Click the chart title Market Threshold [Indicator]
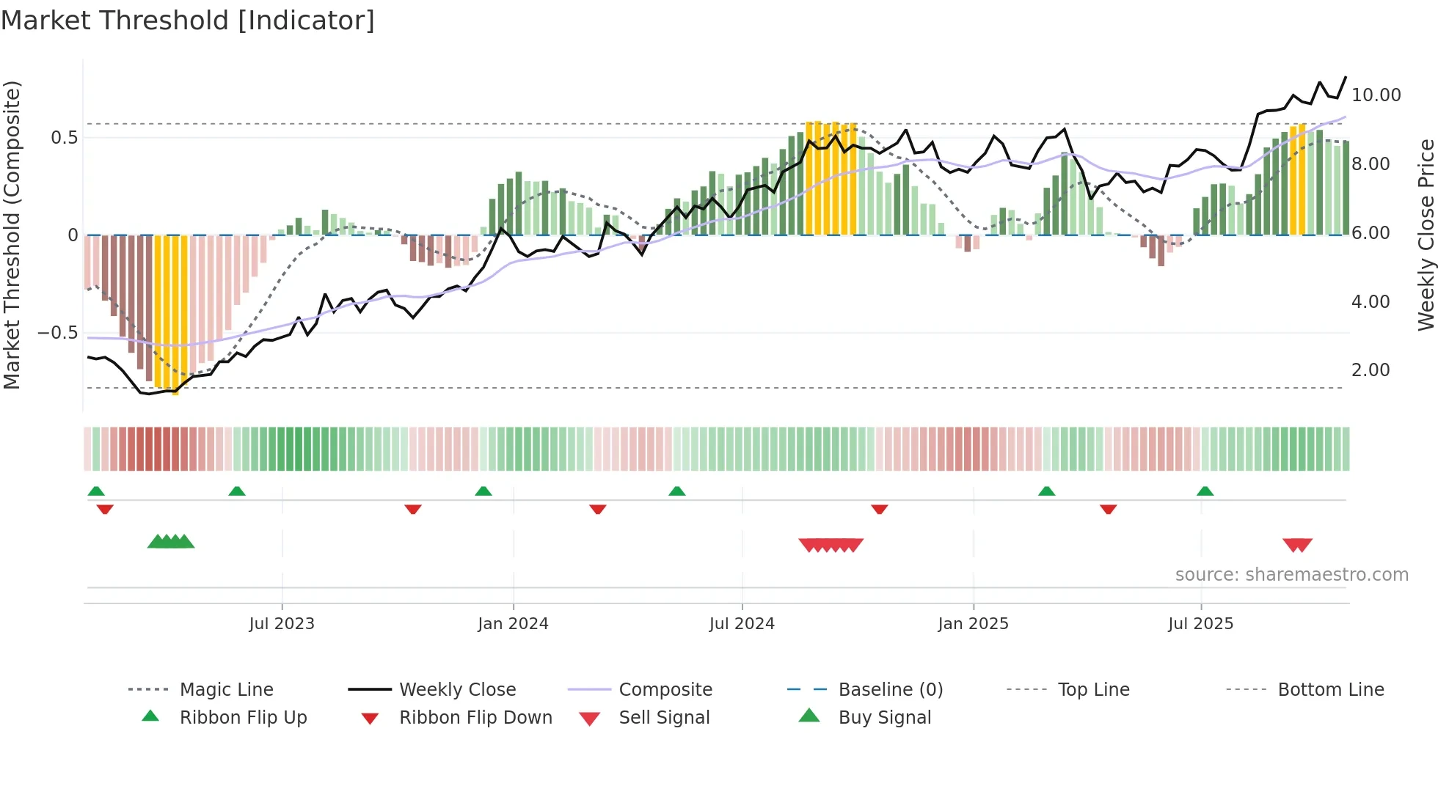(x=188, y=21)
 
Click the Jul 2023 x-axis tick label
(x=282, y=624)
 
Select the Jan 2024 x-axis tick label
(x=513, y=624)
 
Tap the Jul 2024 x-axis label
(x=742, y=624)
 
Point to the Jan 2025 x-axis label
(x=973, y=624)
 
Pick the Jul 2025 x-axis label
(x=1200, y=624)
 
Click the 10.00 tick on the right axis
(x=1376, y=95)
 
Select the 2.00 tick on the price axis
(x=1371, y=370)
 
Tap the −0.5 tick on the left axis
(x=58, y=333)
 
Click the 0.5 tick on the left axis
(x=64, y=138)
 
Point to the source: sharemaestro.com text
(x=1291, y=575)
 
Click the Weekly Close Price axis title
(x=1426, y=235)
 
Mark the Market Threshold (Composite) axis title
(x=12, y=235)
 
